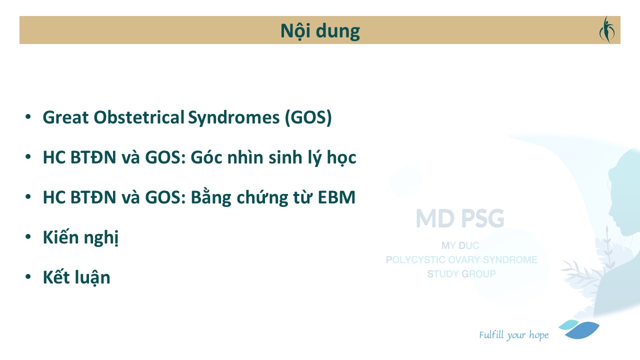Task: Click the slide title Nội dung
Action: [320, 31]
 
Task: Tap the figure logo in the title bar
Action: [607, 29]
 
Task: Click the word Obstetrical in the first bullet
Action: [139, 117]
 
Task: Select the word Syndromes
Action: [233, 117]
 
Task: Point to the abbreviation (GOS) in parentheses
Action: [308, 117]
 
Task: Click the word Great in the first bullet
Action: [65, 117]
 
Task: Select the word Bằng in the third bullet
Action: [211, 197]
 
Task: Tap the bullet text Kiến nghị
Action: [80, 237]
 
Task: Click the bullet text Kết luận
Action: [76, 277]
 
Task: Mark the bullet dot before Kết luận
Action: [28, 276]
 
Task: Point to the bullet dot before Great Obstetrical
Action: [28, 116]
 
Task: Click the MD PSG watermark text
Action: [460, 218]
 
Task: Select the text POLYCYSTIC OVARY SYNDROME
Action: [461, 259]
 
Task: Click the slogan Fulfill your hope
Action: [513, 335]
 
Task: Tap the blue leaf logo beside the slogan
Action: [579, 329]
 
